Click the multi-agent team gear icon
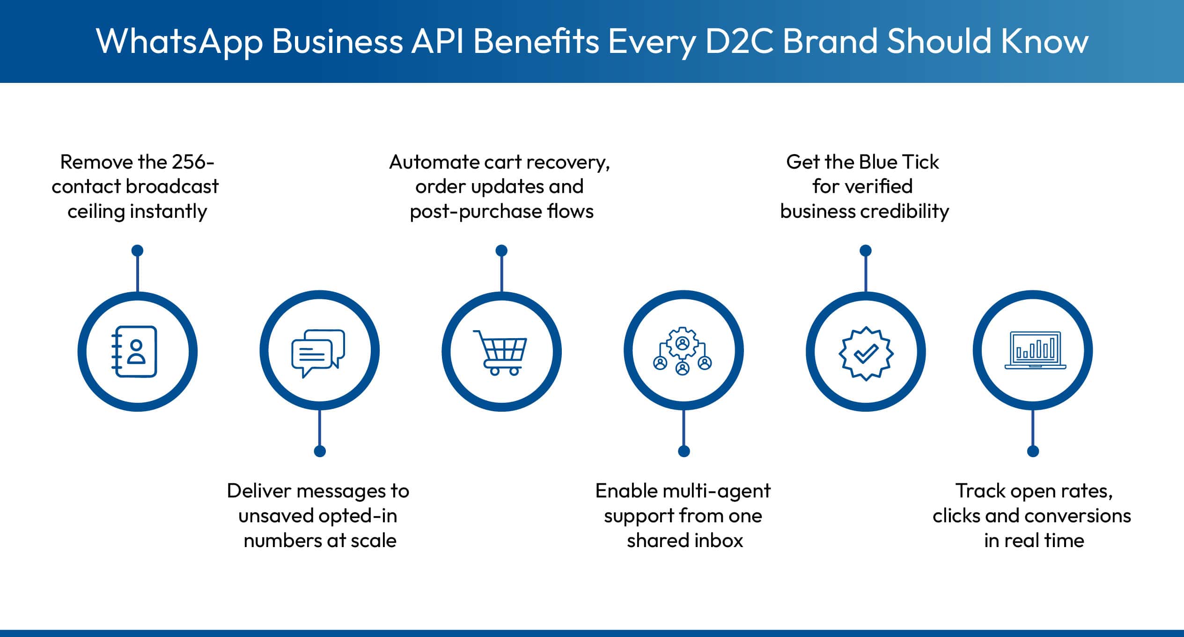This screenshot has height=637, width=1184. pos(683,351)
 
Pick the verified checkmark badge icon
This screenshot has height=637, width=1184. pos(866,353)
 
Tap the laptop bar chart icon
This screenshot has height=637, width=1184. pos(1035,350)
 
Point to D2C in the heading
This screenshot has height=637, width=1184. pos(738,41)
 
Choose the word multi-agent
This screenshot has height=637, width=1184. pos(716,491)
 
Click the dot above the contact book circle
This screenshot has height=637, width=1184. pos(137,251)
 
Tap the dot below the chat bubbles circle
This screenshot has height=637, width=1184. pos(320,451)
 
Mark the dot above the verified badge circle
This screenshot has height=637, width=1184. pos(866,251)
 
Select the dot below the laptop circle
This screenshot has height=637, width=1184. pos(1033,451)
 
